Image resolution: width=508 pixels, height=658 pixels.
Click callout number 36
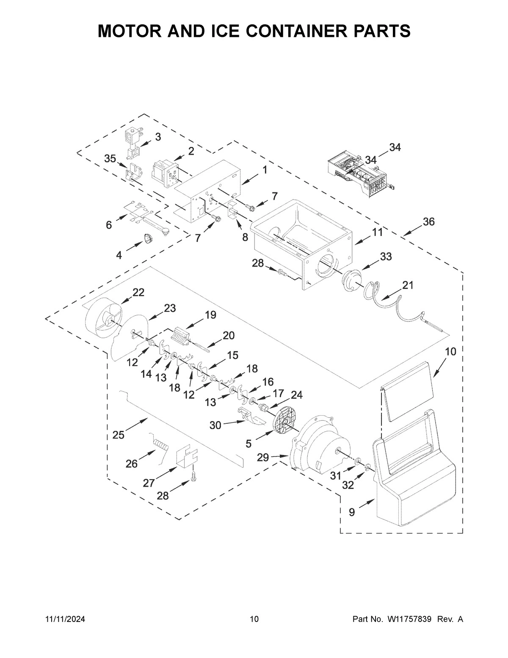pos(428,222)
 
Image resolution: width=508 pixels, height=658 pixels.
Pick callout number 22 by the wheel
pos(138,292)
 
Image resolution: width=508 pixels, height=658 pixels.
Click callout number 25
pos(119,435)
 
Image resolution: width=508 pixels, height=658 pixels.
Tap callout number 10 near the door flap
pos(450,352)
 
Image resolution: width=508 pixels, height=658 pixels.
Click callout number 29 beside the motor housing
pos(263,458)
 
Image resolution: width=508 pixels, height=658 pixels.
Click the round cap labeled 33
pos(350,281)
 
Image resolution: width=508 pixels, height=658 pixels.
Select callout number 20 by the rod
pos(229,336)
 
